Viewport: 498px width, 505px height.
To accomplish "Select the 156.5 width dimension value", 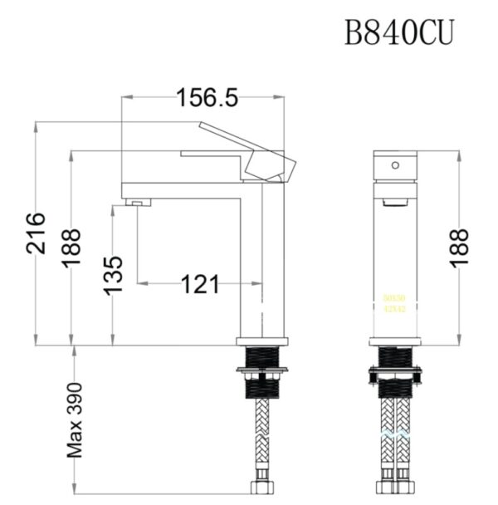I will [x=207, y=97].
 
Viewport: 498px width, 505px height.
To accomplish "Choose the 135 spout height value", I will [x=113, y=274].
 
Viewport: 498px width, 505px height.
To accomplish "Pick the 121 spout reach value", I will [x=200, y=285].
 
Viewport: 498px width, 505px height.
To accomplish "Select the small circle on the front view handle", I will [x=396, y=164].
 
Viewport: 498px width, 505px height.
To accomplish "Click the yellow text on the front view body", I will [x=394, y=303].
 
